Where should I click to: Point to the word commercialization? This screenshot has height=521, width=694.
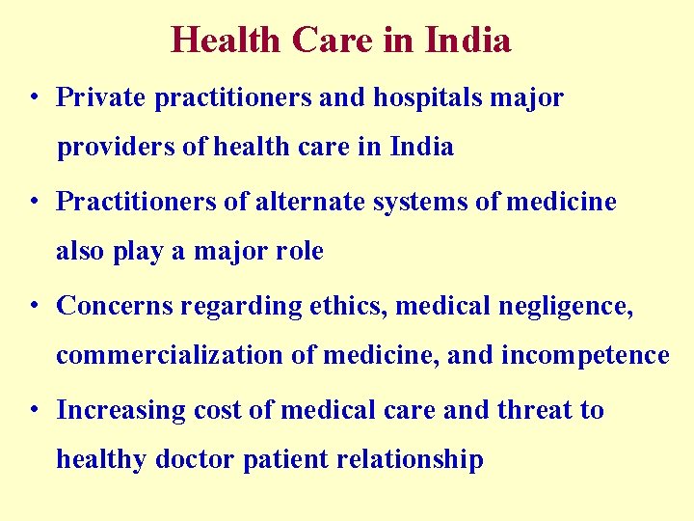tap(169, 356)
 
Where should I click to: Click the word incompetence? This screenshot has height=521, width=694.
tap(585, 356)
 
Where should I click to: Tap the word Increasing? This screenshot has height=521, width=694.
tap(121, 410)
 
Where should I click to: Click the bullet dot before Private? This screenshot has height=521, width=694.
tap(34, 97)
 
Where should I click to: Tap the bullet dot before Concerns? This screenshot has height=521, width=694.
tap(34, 306)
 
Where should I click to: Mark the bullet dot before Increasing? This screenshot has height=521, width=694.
tap(34, 410)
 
